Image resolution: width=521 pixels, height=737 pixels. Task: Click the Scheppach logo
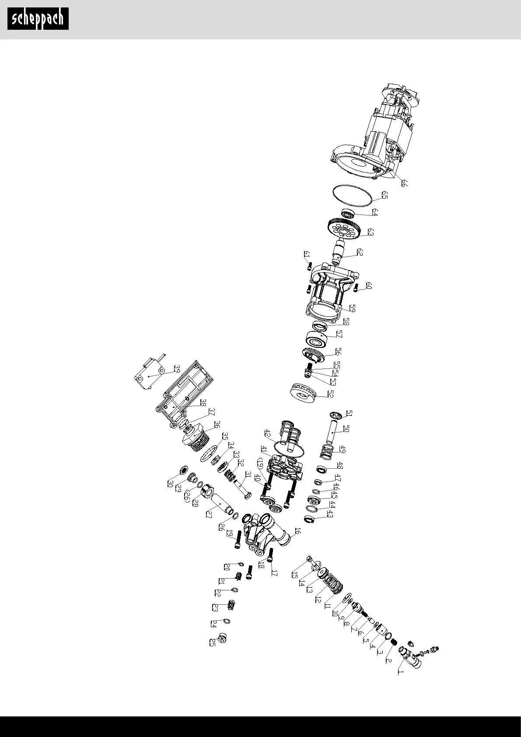point(38,19)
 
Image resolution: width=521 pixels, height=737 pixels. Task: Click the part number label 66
point(404,183)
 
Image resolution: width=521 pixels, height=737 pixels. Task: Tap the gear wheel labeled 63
point(344,228)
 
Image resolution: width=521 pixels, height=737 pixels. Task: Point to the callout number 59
point(352,308)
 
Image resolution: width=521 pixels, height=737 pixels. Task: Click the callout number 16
point(297,531)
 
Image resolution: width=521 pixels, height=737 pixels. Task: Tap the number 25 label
point(213,642)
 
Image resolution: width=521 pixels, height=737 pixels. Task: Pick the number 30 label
point(170,484)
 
